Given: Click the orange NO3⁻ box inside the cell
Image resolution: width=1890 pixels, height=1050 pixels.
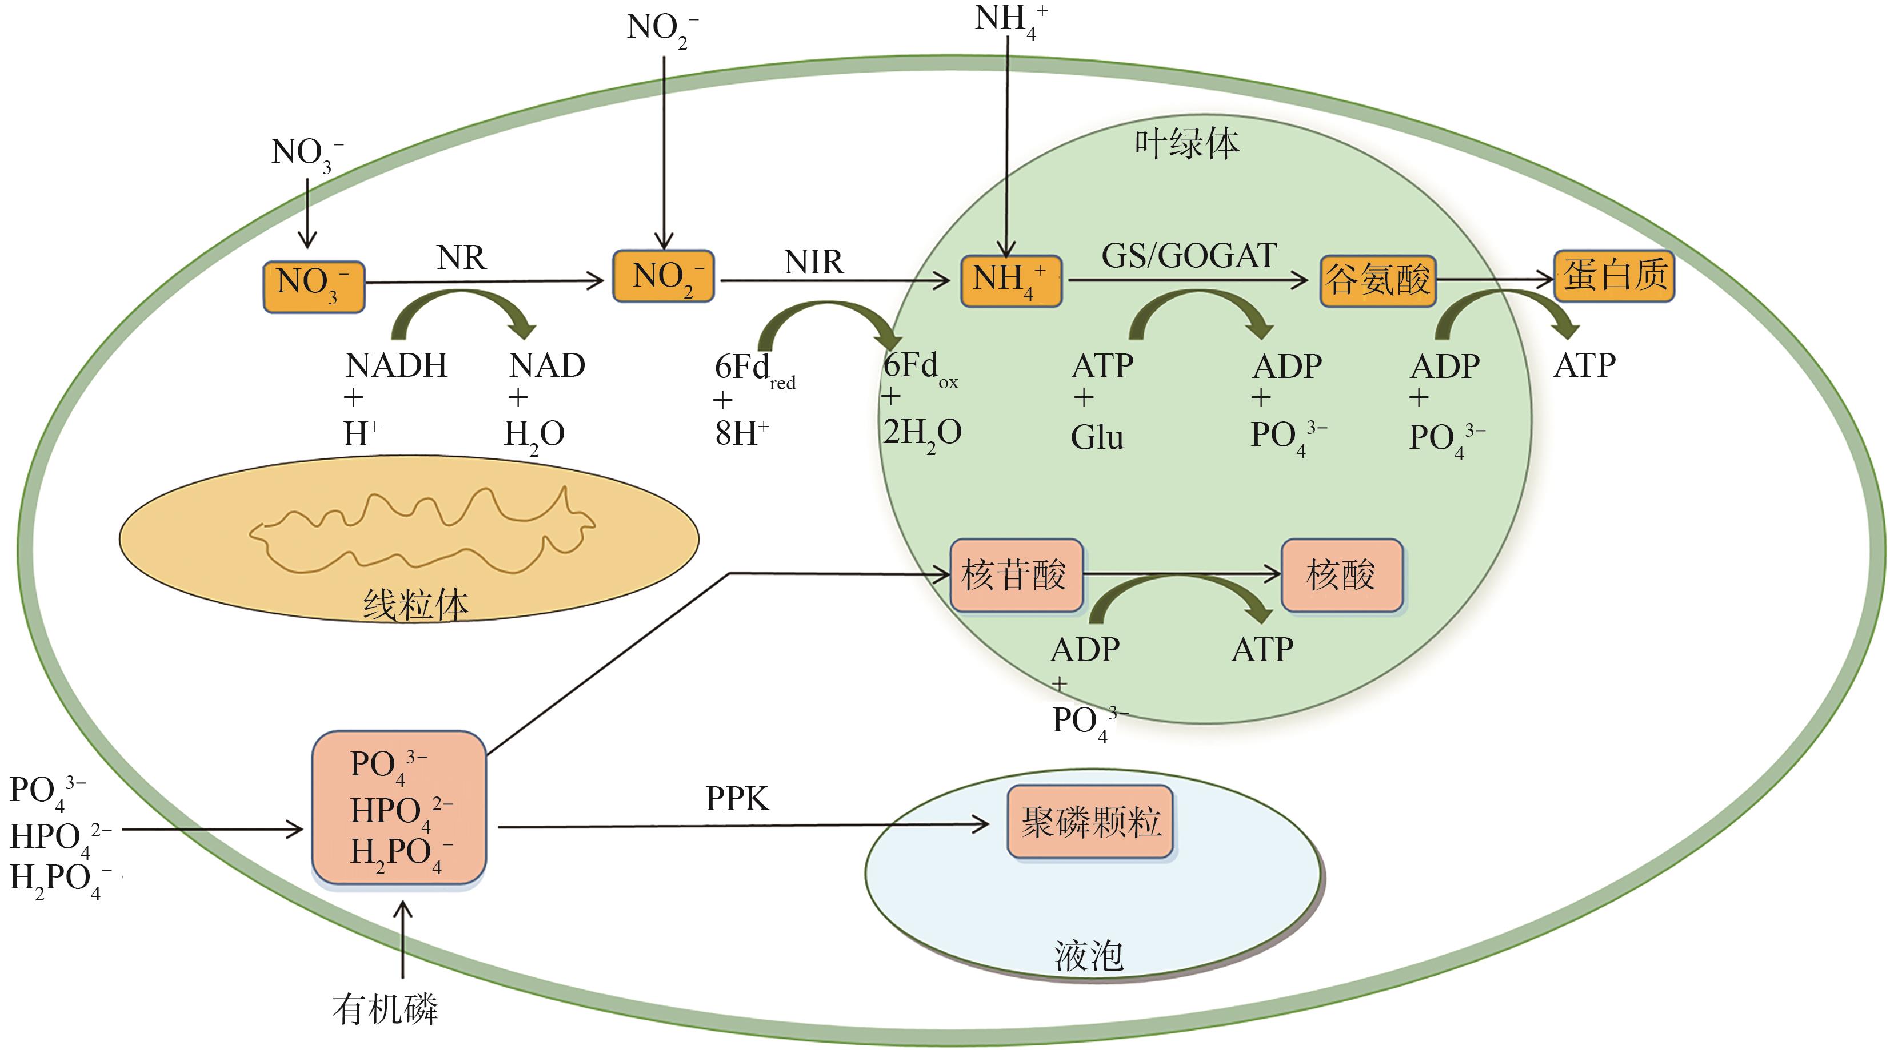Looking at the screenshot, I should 313,286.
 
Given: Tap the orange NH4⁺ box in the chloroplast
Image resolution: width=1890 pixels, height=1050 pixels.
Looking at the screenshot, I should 1011,281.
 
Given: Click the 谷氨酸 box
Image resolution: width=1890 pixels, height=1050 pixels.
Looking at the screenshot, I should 1377,280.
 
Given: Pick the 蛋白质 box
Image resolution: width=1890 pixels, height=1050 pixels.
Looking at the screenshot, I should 1614,276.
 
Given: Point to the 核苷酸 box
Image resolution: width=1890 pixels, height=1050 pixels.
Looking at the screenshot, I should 1016,575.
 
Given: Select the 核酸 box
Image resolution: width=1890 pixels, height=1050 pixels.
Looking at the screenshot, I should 1341,575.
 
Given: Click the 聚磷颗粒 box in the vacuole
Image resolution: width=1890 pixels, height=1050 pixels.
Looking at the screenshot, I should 1090,822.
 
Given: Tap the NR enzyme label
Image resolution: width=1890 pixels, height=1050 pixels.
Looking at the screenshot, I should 461,258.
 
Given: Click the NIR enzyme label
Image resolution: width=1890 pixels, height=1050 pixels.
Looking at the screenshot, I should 814,262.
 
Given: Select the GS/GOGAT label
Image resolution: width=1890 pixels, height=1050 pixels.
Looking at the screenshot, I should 1189,256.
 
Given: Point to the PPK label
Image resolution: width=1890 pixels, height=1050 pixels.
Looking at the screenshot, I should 737,799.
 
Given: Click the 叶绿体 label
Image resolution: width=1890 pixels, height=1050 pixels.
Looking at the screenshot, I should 1186,144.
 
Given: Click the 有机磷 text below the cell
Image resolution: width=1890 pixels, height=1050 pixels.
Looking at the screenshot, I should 385,1009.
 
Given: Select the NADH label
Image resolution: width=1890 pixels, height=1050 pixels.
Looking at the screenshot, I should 396,365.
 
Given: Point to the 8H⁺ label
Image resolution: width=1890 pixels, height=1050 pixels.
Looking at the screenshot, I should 741,433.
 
